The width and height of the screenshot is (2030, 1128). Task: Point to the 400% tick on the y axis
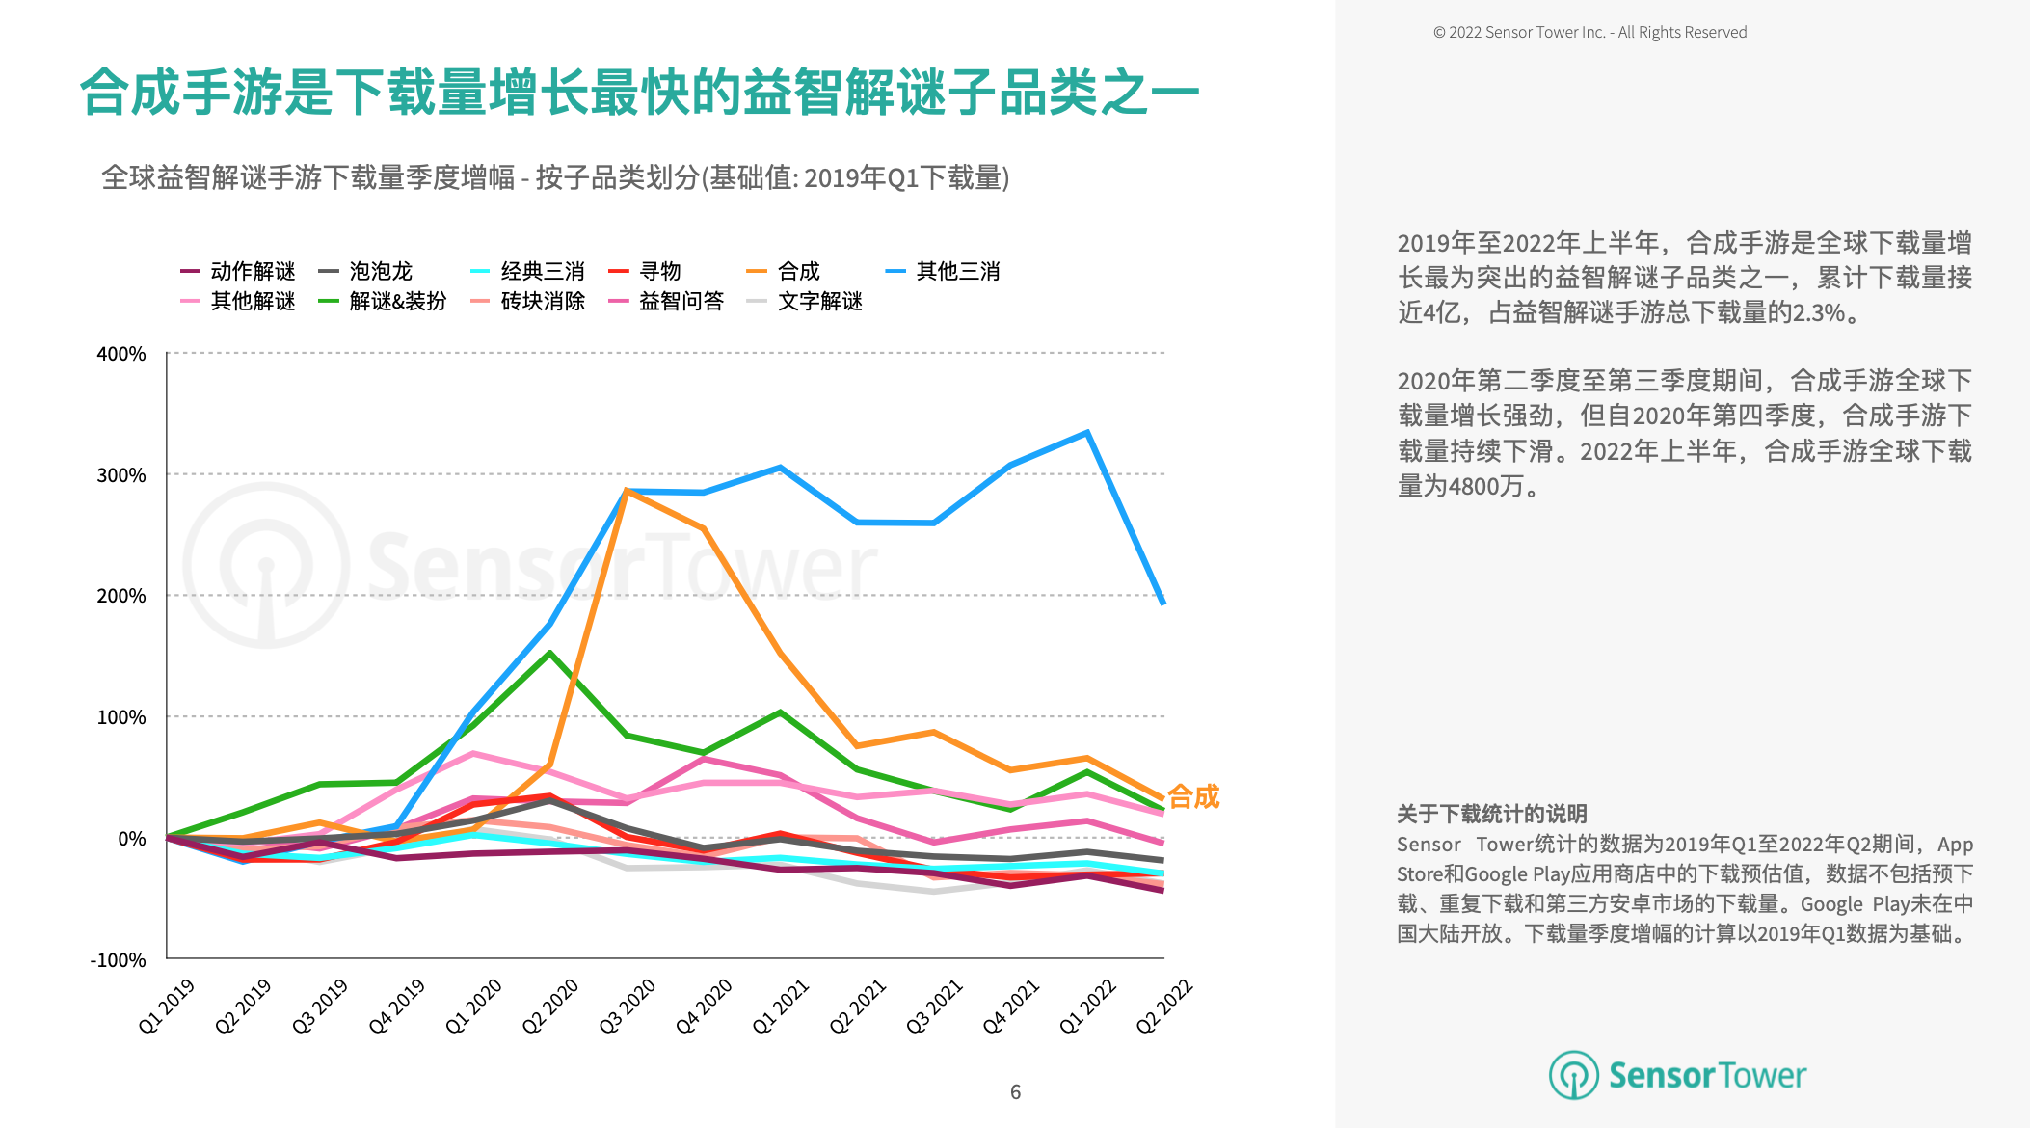coord(121,354)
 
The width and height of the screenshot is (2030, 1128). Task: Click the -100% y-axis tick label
coord(118,960)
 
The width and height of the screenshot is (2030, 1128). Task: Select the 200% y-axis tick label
coord(121,596)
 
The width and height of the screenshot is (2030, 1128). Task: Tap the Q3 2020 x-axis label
coord(628,1006)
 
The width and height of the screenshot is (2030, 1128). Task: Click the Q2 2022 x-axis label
coord(1164,1006)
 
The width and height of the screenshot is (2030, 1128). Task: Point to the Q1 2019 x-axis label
coord(167,1006)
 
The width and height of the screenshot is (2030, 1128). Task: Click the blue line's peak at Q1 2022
coord(1087,433)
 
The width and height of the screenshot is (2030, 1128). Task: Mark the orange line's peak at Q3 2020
coord(627,491)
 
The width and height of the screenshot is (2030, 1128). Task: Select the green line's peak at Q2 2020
coord(549,653)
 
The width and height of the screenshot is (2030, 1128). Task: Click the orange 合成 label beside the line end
coord(1193,796)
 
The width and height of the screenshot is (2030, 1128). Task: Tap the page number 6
coord(1015,1091)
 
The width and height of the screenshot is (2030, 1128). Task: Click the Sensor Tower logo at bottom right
coord(1677,1075)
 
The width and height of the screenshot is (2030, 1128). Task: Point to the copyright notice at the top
coord(1589,32)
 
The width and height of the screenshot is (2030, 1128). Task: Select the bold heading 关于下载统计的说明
coord(1491,814)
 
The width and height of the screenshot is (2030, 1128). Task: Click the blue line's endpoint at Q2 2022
coord(1163,603)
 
